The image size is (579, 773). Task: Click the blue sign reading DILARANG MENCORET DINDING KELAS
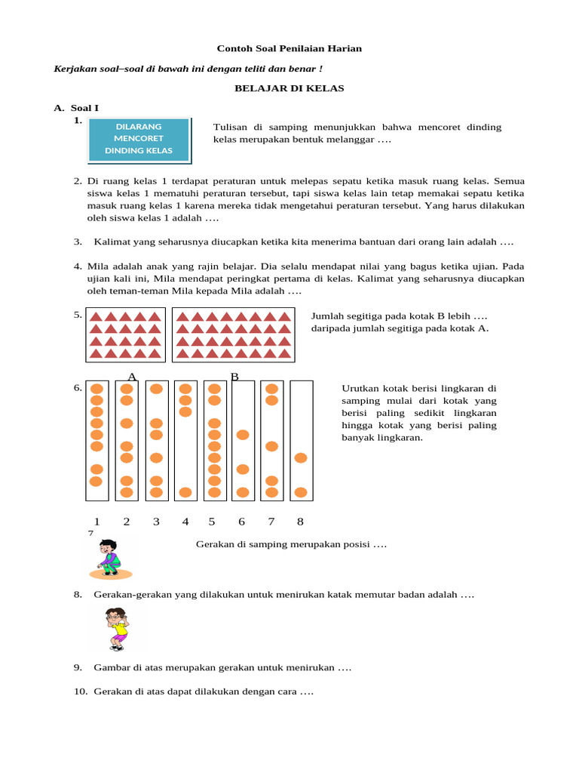click(x=139, y=139)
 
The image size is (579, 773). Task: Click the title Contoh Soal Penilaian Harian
click(x=289, y=48)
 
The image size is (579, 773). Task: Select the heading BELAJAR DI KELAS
click(x=289, y=88)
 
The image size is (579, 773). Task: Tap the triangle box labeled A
click(x=126, y=334)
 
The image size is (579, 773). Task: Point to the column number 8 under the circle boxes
click(x=300, y=521)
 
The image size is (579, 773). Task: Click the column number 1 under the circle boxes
click(x=96, y=521)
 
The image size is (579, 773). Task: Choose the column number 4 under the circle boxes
click(x=185, y=521)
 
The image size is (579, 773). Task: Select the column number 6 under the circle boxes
click(x=242, y=521)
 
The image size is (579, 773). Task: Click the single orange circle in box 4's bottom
click(x=185, y=492)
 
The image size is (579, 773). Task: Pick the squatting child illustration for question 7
click(x=109, y=559)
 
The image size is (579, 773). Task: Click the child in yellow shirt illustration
click(x=117, y=629)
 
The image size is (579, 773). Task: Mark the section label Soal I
click(x=84, y=108)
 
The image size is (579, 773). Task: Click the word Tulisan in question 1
click(x=232, y=127)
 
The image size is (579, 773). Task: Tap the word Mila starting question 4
click(x=97, y=266)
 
